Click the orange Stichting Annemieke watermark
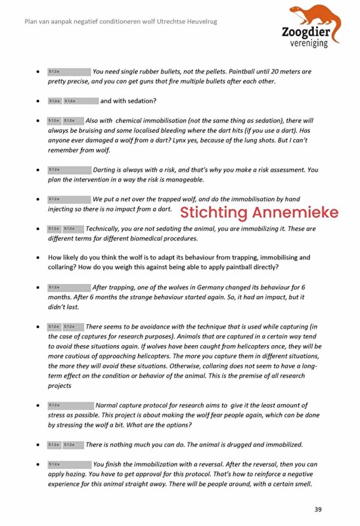(259, 212)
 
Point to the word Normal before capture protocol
(110, 405)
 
